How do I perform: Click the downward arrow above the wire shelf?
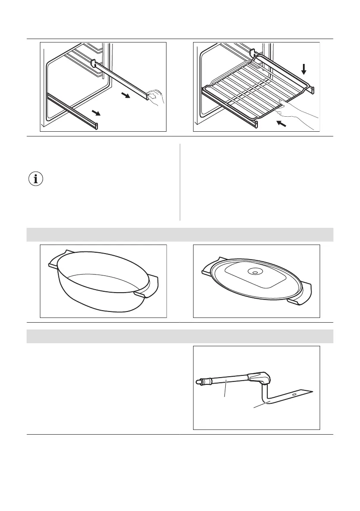(304, 69)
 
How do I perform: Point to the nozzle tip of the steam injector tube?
(199, 381)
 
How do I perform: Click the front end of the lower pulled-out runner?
(97, 126)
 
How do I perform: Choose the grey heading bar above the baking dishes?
(180, 235)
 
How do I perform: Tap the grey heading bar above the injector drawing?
(180, 336)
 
